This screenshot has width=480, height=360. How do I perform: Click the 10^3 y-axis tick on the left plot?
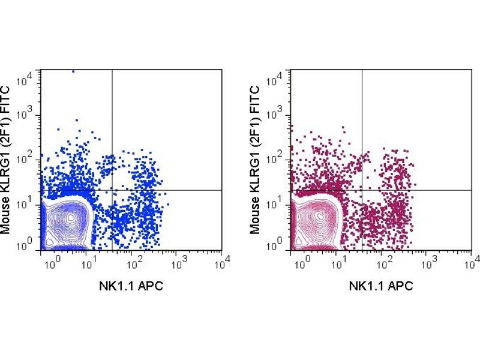point(32,116)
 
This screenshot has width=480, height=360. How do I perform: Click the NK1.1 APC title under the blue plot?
point(131,286)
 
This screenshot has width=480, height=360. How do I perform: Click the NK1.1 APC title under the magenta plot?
point(381,286)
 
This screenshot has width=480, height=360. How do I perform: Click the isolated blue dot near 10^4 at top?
point(73,71)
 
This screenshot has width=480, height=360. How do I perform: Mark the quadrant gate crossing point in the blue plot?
point(112,190)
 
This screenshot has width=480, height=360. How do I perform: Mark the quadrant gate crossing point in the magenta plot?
point(362,190)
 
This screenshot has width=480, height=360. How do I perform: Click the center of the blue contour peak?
point(71,217)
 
